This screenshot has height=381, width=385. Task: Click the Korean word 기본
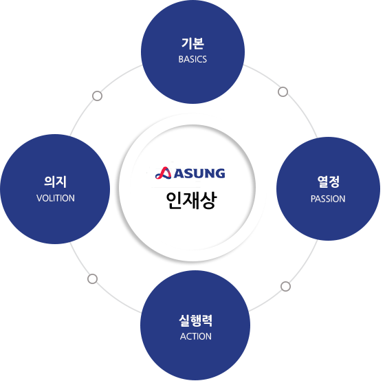[192, 43]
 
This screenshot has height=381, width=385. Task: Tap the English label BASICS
[192, 59]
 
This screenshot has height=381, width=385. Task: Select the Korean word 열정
[329, 182]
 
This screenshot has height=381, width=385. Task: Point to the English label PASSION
[328, 199]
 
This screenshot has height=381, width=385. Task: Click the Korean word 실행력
[195, 320]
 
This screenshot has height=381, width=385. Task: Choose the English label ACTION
[196, 336]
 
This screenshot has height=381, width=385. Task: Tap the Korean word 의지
[55, 182]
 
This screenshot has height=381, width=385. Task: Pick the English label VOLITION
[56, 198]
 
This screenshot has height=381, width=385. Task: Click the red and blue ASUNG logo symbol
[164, 173]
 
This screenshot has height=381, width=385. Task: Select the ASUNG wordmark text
[199, 173]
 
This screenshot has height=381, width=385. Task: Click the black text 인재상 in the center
[192, 200]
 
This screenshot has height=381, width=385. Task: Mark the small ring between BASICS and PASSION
[283, 91]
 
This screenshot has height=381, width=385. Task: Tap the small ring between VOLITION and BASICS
[97, 96]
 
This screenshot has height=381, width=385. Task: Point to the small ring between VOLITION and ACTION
[92, 279]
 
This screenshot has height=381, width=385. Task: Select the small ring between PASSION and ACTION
[285, 286]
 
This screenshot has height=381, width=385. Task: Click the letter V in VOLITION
[39, 198]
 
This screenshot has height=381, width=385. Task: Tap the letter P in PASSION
[313, 199]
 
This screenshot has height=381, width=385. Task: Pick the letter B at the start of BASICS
[181, 59]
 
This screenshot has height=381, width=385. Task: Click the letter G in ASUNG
[220, 173]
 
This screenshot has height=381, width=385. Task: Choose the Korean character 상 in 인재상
[209, 200]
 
